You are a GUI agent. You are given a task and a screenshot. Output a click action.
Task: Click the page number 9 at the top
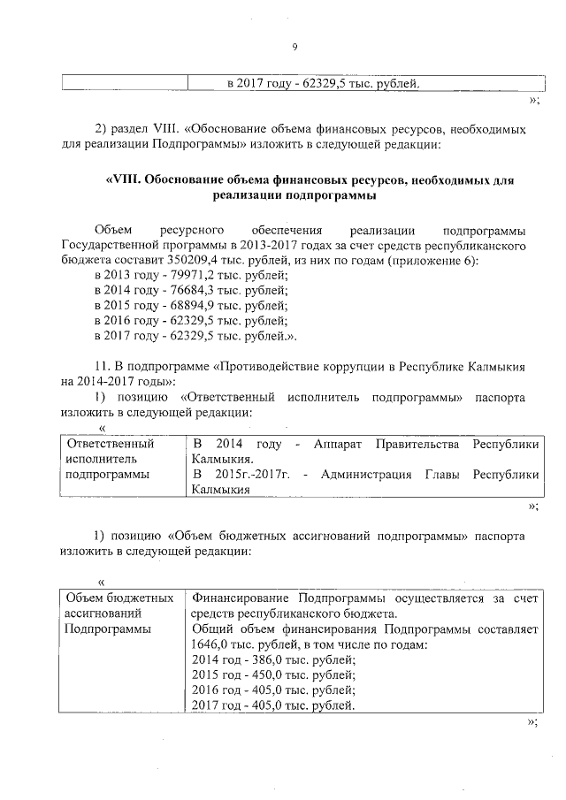(294, 47)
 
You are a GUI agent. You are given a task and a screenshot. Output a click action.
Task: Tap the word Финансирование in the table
(240, 598)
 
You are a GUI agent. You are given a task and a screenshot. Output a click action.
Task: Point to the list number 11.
(100, 366)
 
